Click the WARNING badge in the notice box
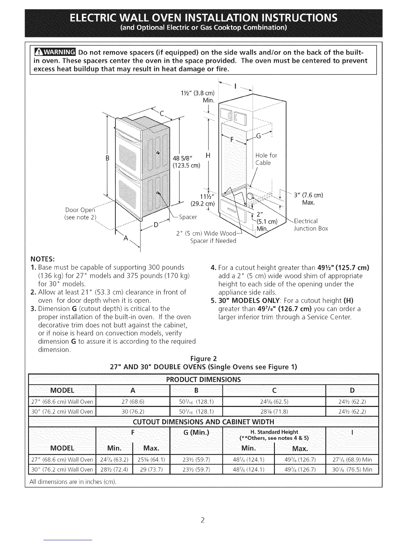tap(55, 52)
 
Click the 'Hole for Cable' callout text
tap(266, 159)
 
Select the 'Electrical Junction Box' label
tap(310, 225)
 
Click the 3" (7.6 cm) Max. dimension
tap(308, 199)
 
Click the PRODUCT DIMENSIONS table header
tap(203, 379)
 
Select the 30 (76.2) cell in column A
tap(133, 411)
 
